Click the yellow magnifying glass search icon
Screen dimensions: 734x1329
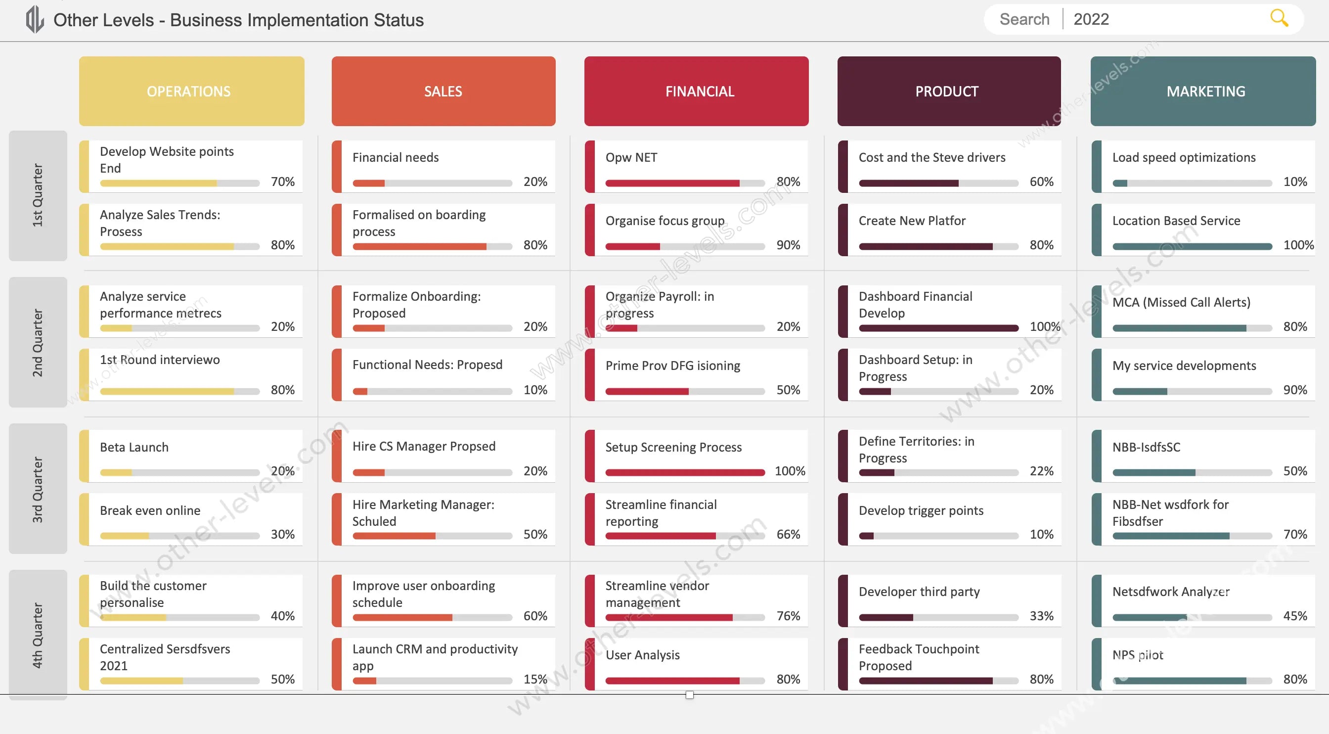pos(1279,18)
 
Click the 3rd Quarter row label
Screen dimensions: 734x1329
pos(38,488)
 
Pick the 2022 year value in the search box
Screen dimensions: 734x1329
pos(1091,20)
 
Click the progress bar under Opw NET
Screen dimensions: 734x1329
pos(685,183)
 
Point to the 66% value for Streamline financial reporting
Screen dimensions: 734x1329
pos(788,534)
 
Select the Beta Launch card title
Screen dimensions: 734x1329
pos(134,447)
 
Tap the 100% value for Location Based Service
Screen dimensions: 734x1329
pos(1298,245)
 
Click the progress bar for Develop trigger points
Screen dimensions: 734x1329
pos(938,536)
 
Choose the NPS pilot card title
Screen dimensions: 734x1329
pos(1137,654)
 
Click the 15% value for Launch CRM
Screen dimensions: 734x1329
pos(535,679)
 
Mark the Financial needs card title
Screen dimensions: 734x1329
pos(395,157)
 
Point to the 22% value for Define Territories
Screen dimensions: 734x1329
pos(1041,471)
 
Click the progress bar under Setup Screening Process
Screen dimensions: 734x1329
pos(685,472)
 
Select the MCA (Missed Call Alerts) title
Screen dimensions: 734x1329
pos(1181,302)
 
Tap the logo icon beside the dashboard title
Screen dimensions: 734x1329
pos(35,20)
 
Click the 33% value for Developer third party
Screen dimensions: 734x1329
pos(1041,616)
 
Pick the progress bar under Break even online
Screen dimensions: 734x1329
pos(179,536)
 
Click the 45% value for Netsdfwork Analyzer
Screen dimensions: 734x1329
pos(1294,616)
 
